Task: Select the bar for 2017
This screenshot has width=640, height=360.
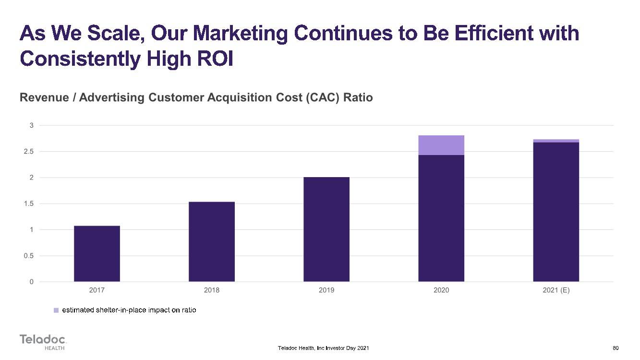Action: click(x=97, y=254)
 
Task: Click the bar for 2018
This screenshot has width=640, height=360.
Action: click(x=212, y=242)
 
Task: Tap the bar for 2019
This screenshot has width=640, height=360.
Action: click(x=326, y=229)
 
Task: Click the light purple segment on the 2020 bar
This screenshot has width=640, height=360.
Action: click(x=441, y=145)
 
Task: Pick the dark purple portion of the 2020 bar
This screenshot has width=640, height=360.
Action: click(x=441, y=218)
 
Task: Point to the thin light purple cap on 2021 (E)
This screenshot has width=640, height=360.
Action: click(x=556, y=141)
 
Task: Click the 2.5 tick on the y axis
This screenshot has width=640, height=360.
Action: click(x=29, y=151)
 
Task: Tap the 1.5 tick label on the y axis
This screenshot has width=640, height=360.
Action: click(x=29, y=204)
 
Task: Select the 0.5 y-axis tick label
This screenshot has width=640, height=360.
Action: click(x=29, y=256)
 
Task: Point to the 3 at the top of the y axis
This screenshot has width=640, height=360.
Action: click(x=31, y=125)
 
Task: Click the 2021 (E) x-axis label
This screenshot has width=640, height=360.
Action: click(x=556, y=290)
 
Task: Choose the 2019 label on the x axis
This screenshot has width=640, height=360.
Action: click(x=326, y=290)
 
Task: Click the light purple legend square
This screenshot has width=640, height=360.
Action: click(x=56, y=310)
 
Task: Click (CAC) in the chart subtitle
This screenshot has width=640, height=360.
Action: click(x=323, y=98)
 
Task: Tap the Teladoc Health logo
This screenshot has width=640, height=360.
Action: click(x=43, y=342)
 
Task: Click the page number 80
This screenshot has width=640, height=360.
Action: click(x=616, y=348)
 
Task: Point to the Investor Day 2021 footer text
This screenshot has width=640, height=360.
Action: click(x=347, y=348)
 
